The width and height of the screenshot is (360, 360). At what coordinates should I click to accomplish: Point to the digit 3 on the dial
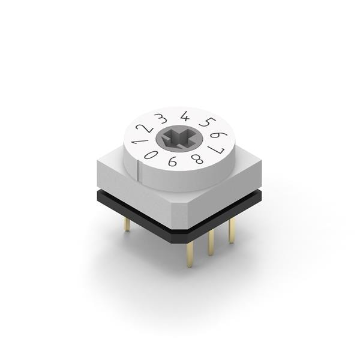point(161,118)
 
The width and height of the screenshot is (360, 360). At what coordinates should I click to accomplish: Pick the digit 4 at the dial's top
point(184,116)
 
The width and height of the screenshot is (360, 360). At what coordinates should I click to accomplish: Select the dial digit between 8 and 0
point(173,161)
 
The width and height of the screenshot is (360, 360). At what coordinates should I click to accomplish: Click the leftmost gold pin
point(127,224)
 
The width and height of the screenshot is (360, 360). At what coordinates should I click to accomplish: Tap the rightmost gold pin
point(232,230)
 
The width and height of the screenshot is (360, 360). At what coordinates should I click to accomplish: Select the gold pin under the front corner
point(190,253)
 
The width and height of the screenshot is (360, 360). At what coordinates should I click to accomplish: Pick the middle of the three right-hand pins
point(211,242)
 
